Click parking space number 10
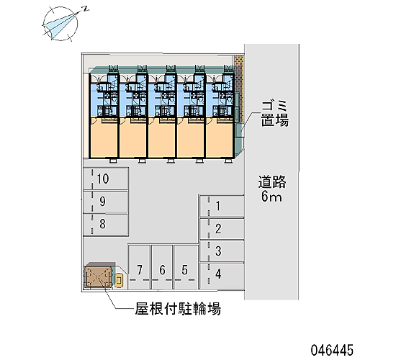coord(106,179)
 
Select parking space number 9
coord(106,202)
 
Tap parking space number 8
coord(106,225)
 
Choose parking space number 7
coord(140,267)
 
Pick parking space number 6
coord(162,267)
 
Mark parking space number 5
coord(185,267)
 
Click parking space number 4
coord(222,274)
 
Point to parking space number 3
coord(222,251)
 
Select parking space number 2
coord(222,229)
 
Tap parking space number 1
coord(222,206)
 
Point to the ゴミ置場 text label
coord(275,113)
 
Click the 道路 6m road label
coord(271,189)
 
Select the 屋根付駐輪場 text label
coord(178,309)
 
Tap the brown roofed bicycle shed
coord(99,276)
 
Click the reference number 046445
coord(332,350)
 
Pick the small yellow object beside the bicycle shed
coord(119,280)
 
